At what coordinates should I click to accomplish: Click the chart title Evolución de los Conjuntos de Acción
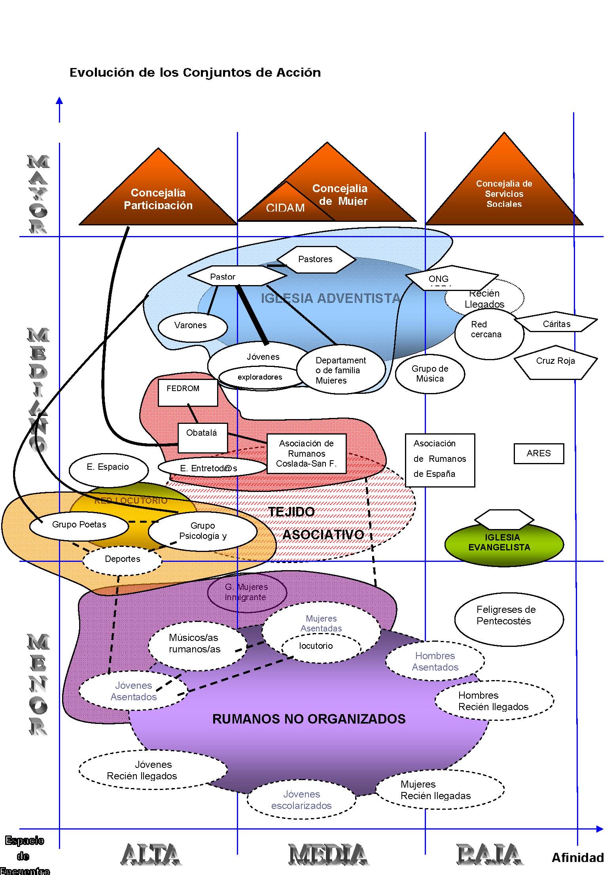tap(195, 73)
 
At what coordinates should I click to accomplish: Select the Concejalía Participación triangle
tap(158, 198)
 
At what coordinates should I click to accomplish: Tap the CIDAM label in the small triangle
tap(285, 208)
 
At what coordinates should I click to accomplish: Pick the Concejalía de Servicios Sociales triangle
tap(504, 194)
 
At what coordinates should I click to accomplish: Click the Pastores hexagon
tap(316, 259)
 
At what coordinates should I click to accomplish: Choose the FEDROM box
tap(187, 392)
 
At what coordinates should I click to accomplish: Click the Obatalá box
tap(202, 437)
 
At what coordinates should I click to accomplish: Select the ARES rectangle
tap(539, 454)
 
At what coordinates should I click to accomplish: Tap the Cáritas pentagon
tap(556, 324)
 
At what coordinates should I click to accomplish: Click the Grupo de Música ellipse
tap(430, 374)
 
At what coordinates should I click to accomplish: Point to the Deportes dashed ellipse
tap(123, 559)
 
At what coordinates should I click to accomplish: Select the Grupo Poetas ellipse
tap(79, 525)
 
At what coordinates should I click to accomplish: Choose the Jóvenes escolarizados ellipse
tap(301, 800)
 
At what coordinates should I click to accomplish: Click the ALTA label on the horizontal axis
tap(151, 855)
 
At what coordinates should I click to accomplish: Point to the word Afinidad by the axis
tap(578, 858)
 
